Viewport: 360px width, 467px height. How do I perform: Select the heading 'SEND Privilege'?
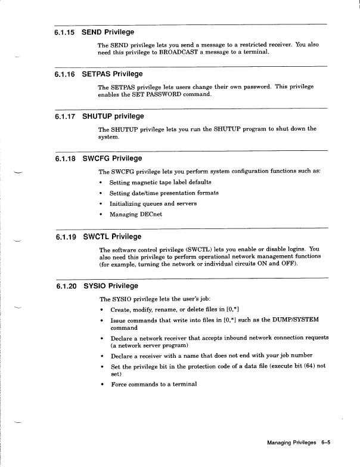click(108, 32)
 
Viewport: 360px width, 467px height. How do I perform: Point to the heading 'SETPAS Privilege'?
click(112, 75)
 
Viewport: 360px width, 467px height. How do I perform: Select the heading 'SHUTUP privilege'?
click(113, 116)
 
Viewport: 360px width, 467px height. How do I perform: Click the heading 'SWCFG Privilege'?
click(112, 159)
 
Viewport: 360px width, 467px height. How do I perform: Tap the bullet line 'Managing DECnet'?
click(135, 214)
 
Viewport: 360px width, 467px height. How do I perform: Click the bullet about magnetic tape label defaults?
click(160, 182)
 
